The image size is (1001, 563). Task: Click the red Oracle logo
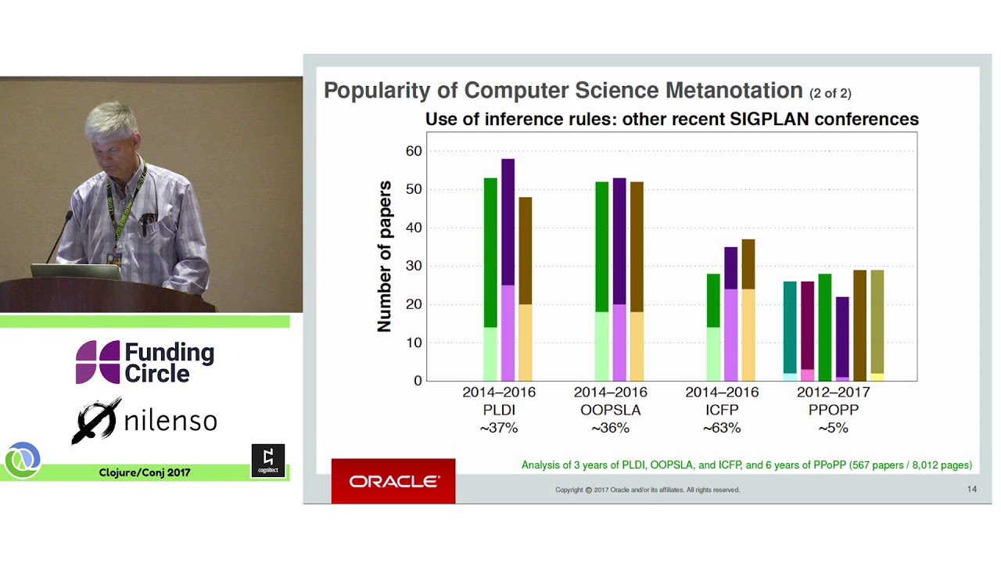tap(393, 481)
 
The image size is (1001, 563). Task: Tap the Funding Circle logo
tap(145, 363)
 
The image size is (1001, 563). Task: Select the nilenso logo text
tap(170, 421)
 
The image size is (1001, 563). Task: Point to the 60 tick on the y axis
tap(413, 151)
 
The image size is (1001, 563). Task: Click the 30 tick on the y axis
tap(413, 266)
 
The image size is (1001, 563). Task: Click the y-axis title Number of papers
tap(385, 256)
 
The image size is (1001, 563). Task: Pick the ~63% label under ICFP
tap(721, 428)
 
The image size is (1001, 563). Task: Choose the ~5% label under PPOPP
tap(833, 428)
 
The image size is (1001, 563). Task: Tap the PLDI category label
tap(499, 410)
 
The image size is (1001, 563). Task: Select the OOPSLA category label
tap(610, 410)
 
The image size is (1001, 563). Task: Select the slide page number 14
tap(972, 489)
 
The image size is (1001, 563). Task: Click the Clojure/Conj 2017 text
tap(145, 472)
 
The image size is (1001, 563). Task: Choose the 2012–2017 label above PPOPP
tap(833, 392)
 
